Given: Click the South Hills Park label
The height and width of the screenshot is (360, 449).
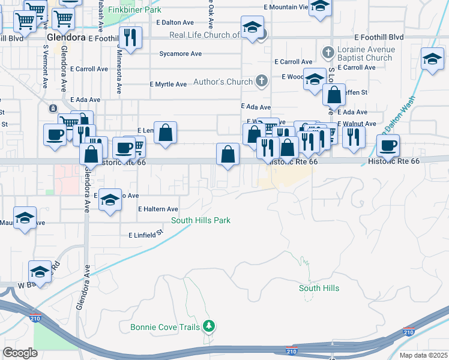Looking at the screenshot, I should click(200, 220).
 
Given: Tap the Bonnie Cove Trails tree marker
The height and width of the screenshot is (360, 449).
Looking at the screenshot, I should click(208, 326).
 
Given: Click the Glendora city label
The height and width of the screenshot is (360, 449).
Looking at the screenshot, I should click(66, 37).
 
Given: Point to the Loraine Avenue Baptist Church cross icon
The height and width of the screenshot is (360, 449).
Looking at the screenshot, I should click(328, 53).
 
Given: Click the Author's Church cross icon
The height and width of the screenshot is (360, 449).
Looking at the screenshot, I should click(261, 82).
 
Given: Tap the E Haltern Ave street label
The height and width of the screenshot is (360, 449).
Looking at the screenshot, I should click(158, 209).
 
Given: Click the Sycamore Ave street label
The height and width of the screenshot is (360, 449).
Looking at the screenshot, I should click(180, 53).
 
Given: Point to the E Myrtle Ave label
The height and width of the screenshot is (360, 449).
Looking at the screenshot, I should click(168, 84).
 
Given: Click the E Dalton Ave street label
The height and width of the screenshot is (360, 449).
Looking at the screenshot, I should click(174, 22).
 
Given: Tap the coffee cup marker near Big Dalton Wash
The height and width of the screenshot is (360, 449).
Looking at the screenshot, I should click(388, 145).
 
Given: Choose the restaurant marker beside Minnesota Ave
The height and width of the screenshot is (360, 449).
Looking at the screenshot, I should click(130, 37).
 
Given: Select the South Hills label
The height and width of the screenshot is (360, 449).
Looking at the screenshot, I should click(319, 288).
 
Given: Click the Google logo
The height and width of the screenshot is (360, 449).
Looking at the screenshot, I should click(20, 352).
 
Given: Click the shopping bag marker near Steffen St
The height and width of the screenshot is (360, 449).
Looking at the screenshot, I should click(333, 94).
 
